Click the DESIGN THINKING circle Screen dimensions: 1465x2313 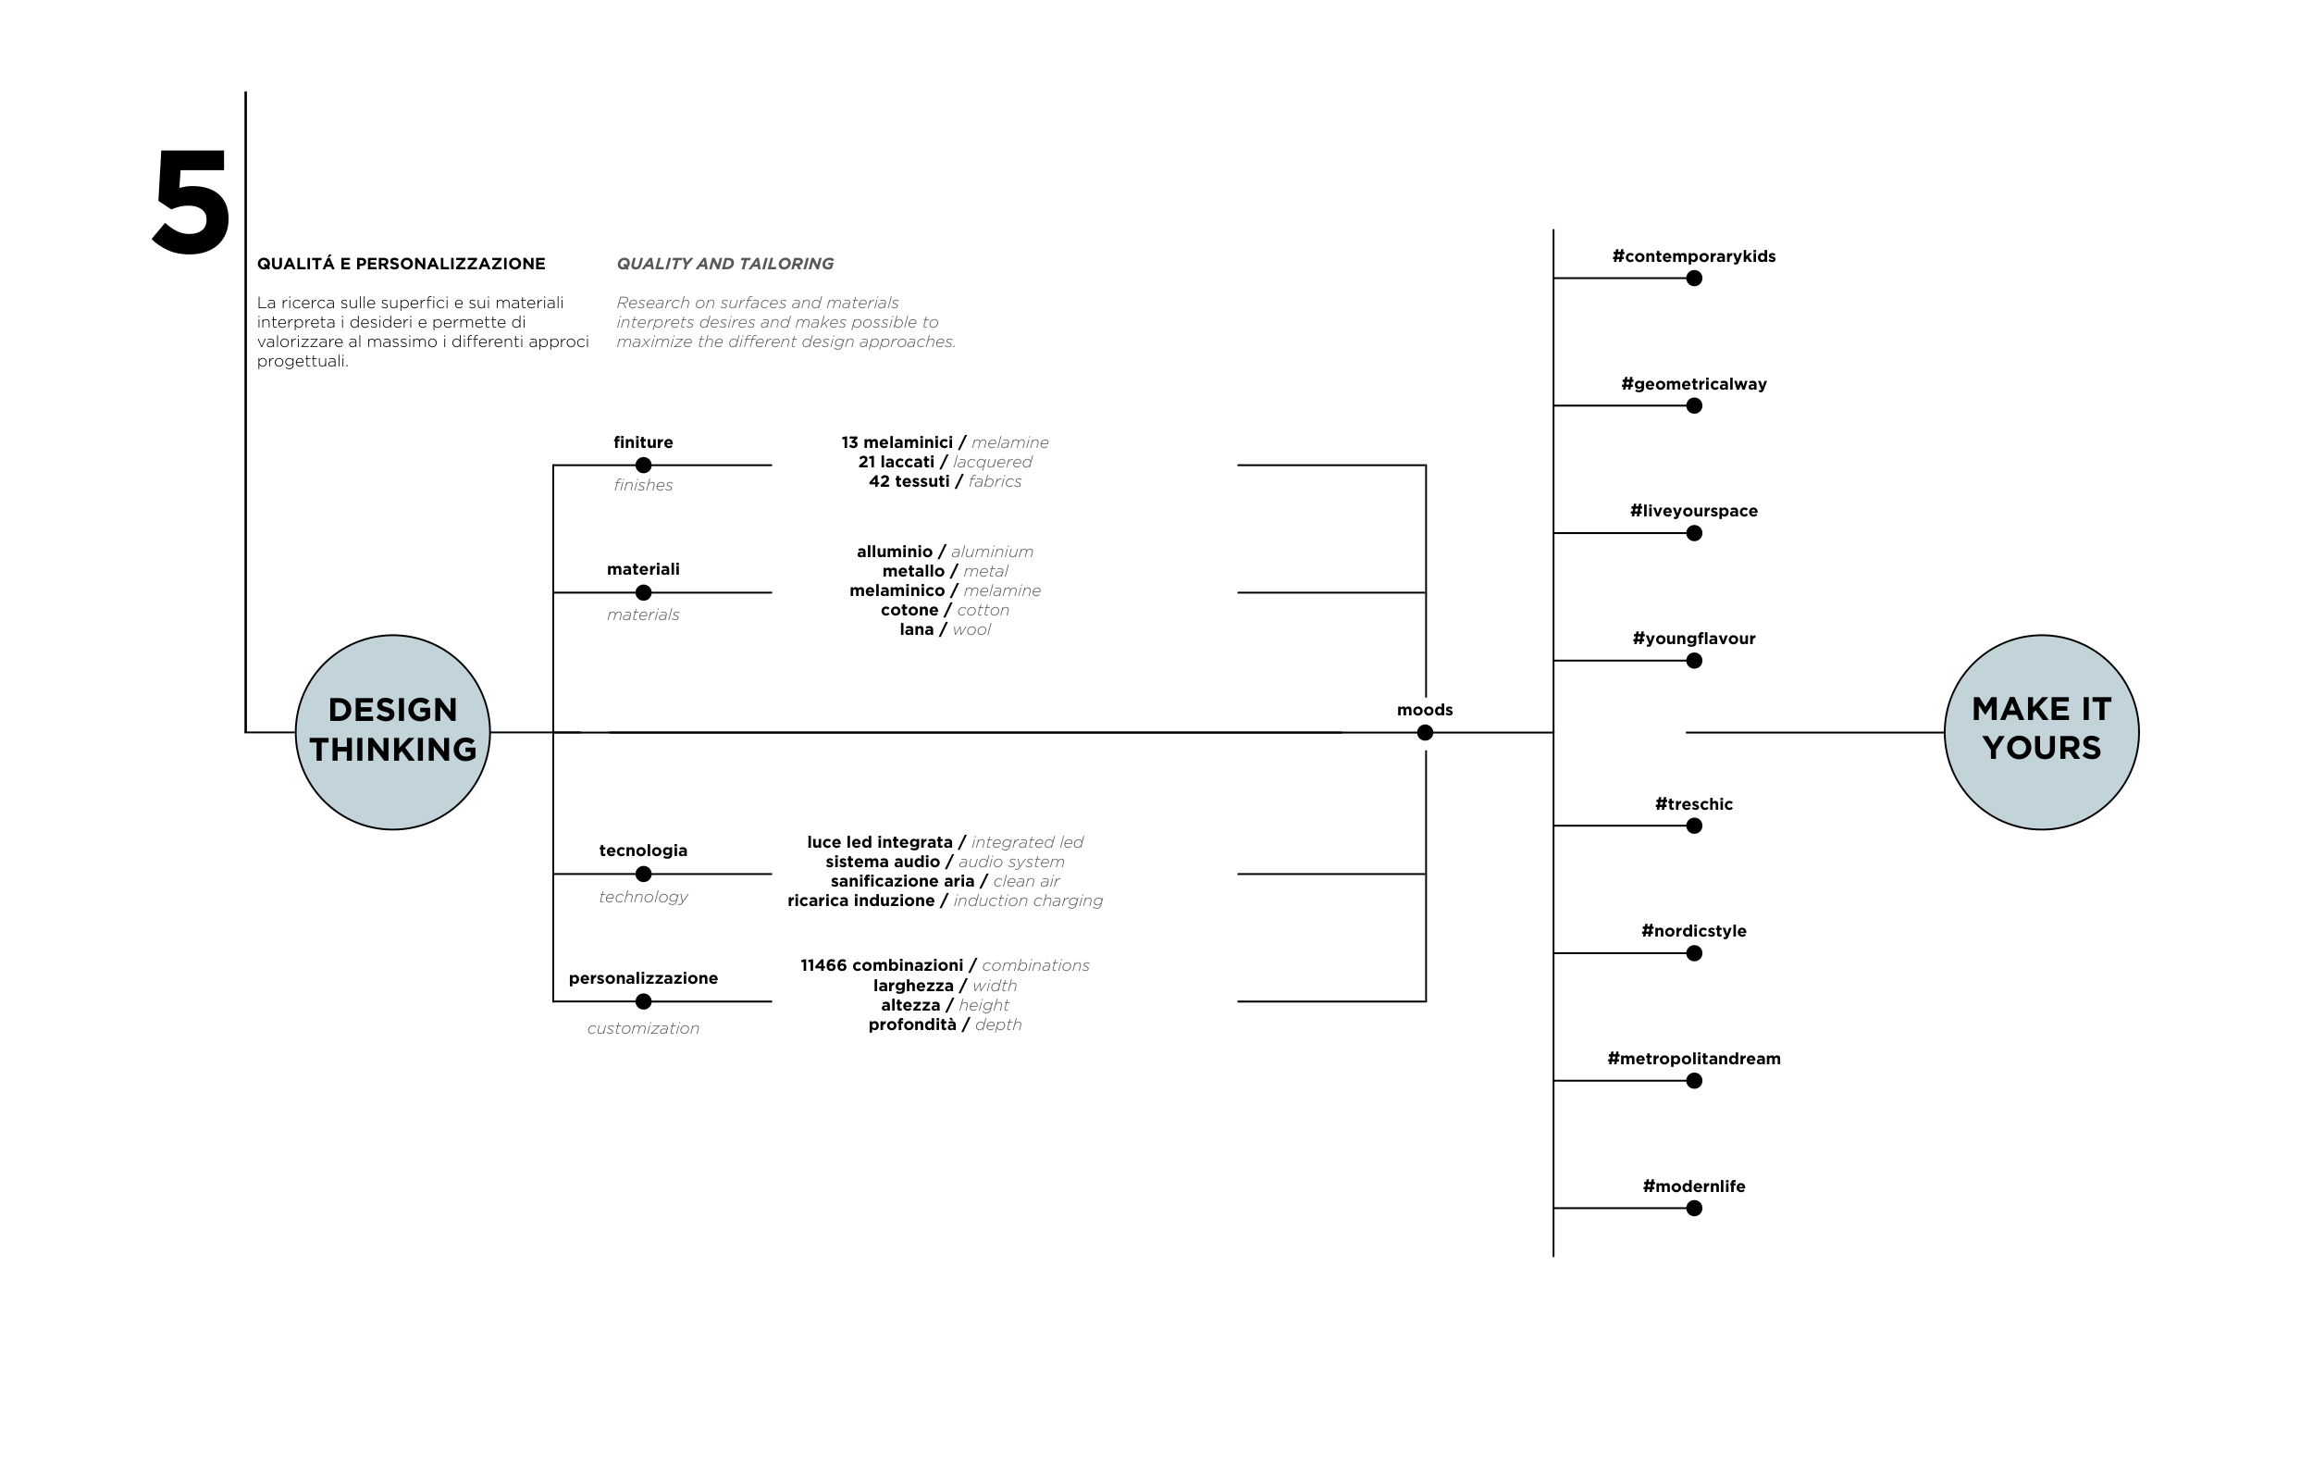(392, 732)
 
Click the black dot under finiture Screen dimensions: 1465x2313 (644, 465)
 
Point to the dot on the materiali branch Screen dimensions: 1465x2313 (644, 592)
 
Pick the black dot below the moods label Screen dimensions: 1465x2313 (1425, 733)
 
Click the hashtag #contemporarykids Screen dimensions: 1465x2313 (1692, 256)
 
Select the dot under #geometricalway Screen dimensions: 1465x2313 (1693, 405)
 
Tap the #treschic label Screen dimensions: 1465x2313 (1692, 804)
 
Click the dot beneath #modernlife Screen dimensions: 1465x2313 (1693, 1208)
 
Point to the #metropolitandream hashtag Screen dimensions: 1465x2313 (1692, 1059)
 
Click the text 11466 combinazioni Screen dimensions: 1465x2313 (881, 965)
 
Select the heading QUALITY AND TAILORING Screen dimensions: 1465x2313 (724, 263)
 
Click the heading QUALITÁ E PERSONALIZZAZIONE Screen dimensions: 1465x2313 (401, 263)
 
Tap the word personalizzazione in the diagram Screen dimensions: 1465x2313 (643, 978)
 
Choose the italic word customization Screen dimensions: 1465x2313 (643, 1028)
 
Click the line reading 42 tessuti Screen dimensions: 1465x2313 (909, 481)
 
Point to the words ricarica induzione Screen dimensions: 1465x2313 (860, 900)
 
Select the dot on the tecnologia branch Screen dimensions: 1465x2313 (644, 875)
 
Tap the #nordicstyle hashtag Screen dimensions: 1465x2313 (1692, 931)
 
